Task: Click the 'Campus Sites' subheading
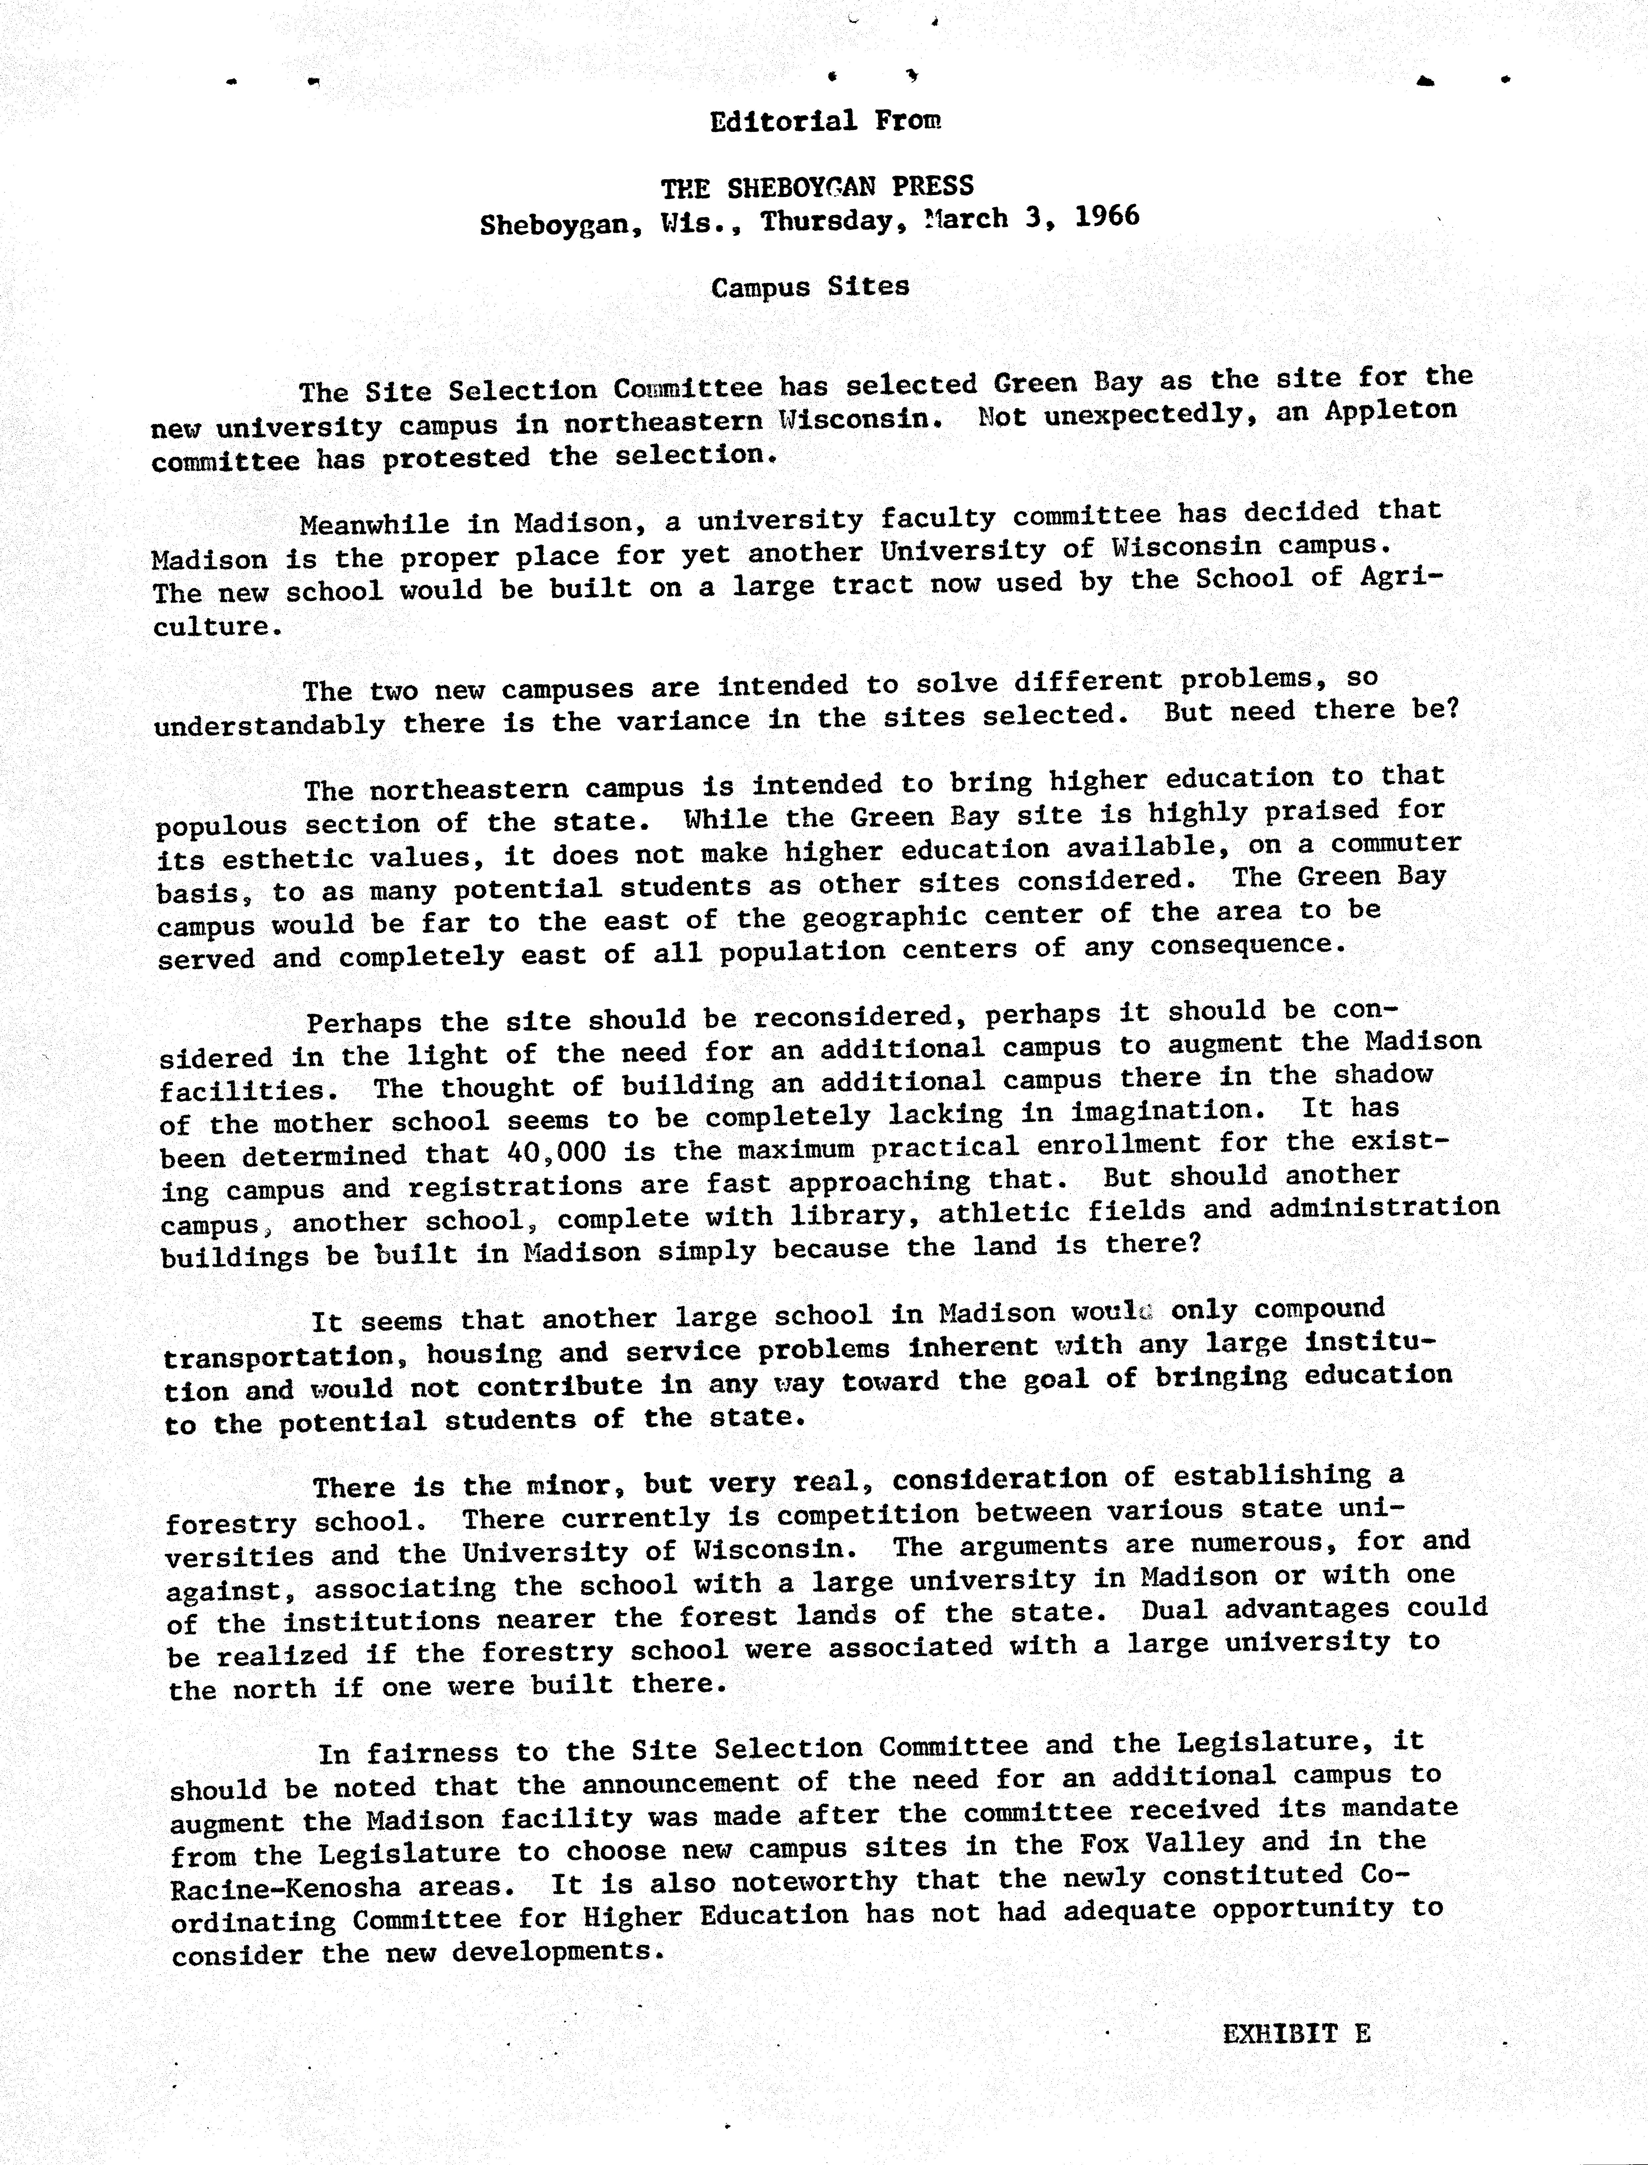coord(810,287)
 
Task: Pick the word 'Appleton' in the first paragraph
coord(1390,411)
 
